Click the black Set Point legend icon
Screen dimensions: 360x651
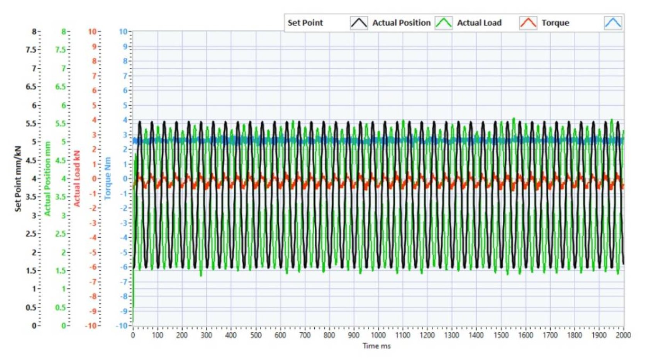pos(359,23)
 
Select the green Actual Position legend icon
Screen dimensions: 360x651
pos(444,23)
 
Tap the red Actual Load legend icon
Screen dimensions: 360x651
pos(528,23)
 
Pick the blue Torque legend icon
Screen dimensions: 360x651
pos(613,23)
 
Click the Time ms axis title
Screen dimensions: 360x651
pos(376,346)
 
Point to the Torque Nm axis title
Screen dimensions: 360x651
pos(108,178)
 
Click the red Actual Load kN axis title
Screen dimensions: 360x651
pos(77,178)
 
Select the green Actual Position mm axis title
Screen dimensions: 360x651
pos(47,178)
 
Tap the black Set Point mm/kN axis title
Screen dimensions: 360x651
pos(18,178)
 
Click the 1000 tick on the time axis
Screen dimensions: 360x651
pos(378,335)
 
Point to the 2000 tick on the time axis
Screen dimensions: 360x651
pos(623,335)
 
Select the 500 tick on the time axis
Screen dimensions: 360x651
pos(256,335)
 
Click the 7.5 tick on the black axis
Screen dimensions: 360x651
pos(31,50)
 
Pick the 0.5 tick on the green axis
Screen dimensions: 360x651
pos(60,308)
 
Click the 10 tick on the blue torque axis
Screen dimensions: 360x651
pos(123,32)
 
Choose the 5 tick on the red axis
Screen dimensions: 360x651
pos(94,105)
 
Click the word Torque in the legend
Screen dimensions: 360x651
pos(555,23)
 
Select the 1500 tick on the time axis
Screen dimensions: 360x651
pos(501,335)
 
